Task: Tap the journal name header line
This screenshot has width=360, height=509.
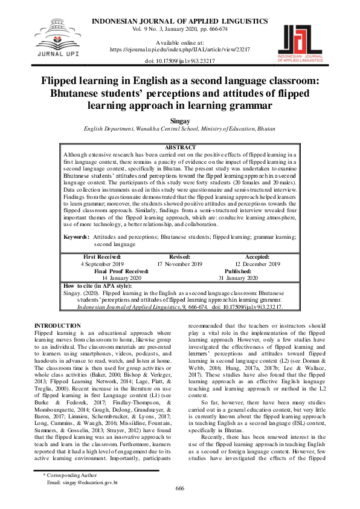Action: coord(179,21)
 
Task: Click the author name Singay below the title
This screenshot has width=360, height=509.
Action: coord(179,121)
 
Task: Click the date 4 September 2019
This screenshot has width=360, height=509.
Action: coord(101,264)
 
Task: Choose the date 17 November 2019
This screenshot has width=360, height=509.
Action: coord(179,264)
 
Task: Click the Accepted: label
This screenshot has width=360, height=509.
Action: coord(257,257)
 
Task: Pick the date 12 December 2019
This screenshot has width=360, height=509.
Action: coord(257,264)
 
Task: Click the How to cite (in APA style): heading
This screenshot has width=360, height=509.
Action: coord(97,285)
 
